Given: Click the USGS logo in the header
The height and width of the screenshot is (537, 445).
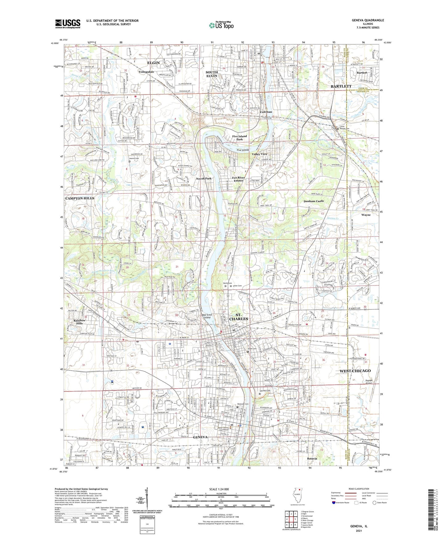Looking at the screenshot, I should [68, 24].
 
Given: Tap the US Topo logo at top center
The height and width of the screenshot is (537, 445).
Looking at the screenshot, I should [221, 25].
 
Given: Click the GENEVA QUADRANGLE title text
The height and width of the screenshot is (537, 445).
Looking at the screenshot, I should [368, 20].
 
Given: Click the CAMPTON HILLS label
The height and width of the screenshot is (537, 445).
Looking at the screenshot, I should [79, 198].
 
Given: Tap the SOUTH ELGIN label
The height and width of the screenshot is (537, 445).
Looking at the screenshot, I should [212, 74].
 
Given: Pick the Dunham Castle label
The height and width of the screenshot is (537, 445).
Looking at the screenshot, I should [314, 201].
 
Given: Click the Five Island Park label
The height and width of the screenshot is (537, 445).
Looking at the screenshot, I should [239, 138].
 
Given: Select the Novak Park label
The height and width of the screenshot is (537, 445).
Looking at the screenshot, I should [204, 178].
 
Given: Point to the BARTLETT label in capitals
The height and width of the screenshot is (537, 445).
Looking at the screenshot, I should [341, 86].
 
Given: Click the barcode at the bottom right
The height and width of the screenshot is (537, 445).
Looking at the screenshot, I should [433, 509].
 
